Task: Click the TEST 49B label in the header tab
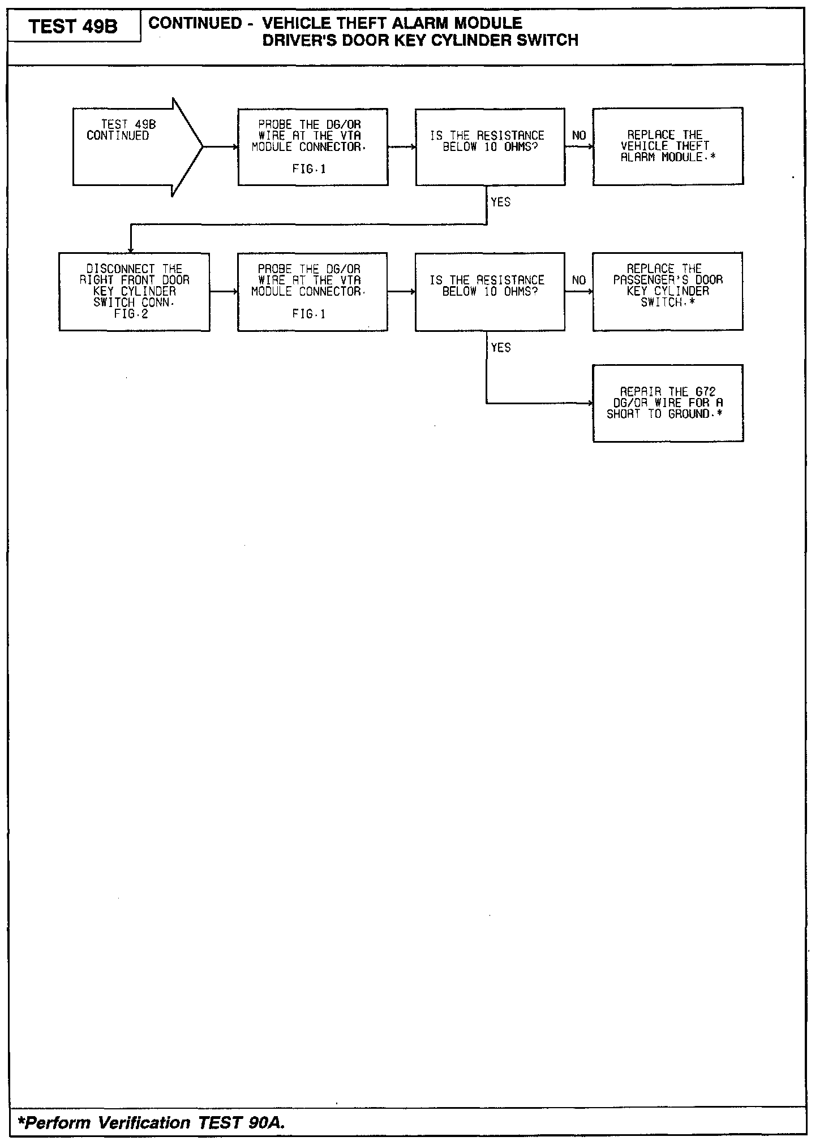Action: tap(73, 27)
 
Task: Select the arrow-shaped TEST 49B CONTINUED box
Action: tap(130, 146)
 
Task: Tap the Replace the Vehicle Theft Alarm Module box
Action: tap(668, 146)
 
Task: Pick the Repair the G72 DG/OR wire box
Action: tap(668, 403)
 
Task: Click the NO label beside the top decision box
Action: tap(579, 136)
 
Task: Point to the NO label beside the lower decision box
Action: tap(579, 280)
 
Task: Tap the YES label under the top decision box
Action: tap(501, 202)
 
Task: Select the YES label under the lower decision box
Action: tap(501, 348)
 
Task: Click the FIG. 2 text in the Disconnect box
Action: tap(131, 314)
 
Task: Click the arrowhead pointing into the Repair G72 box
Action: tap(590, 403)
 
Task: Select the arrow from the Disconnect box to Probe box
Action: tap(224, 292)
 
